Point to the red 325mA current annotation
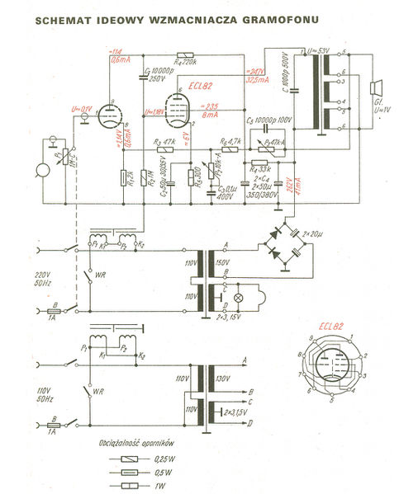pyautogui.click(x=259, y=81)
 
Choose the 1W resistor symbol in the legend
pyautogui.click(x=132, y=486)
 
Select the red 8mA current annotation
pyautogui.click(x=211, y=117)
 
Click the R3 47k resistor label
pyautogui.click(x=163, y=142)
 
